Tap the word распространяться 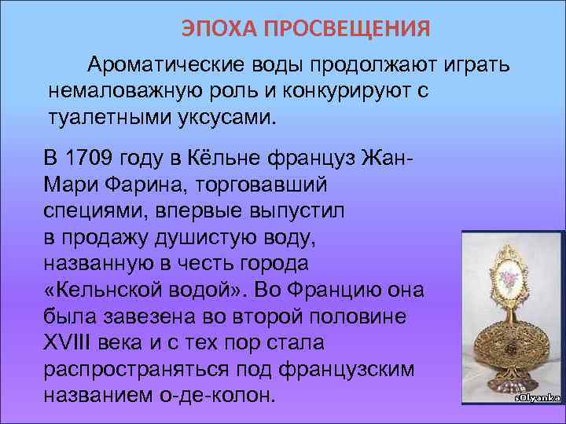(132, 370)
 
